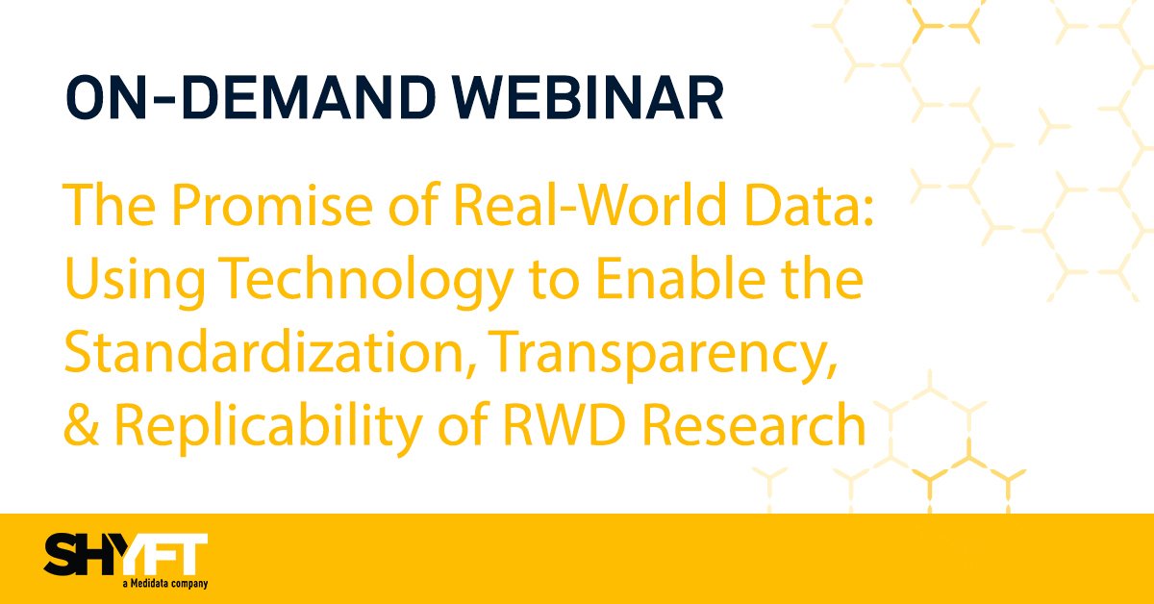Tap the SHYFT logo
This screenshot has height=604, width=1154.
[x=125, y=557]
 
